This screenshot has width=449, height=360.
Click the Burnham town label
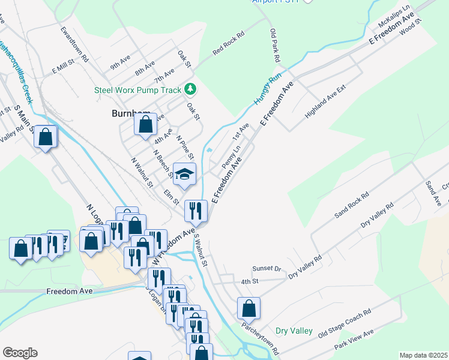point(129,113)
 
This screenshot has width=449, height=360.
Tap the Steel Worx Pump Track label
point(137,90)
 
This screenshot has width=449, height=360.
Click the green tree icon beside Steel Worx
point(190,89)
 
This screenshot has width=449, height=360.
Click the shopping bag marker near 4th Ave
point(145,125)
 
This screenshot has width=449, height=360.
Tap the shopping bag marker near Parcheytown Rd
point(249,309)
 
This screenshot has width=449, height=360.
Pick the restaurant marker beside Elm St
point(196,211)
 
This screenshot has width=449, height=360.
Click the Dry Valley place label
point(294,331)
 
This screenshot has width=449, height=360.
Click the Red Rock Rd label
point(229,44)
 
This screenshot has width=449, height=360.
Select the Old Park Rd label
point(276,46)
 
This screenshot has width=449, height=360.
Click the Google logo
point(20,353)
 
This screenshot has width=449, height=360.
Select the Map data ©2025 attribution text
point(423,355)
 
